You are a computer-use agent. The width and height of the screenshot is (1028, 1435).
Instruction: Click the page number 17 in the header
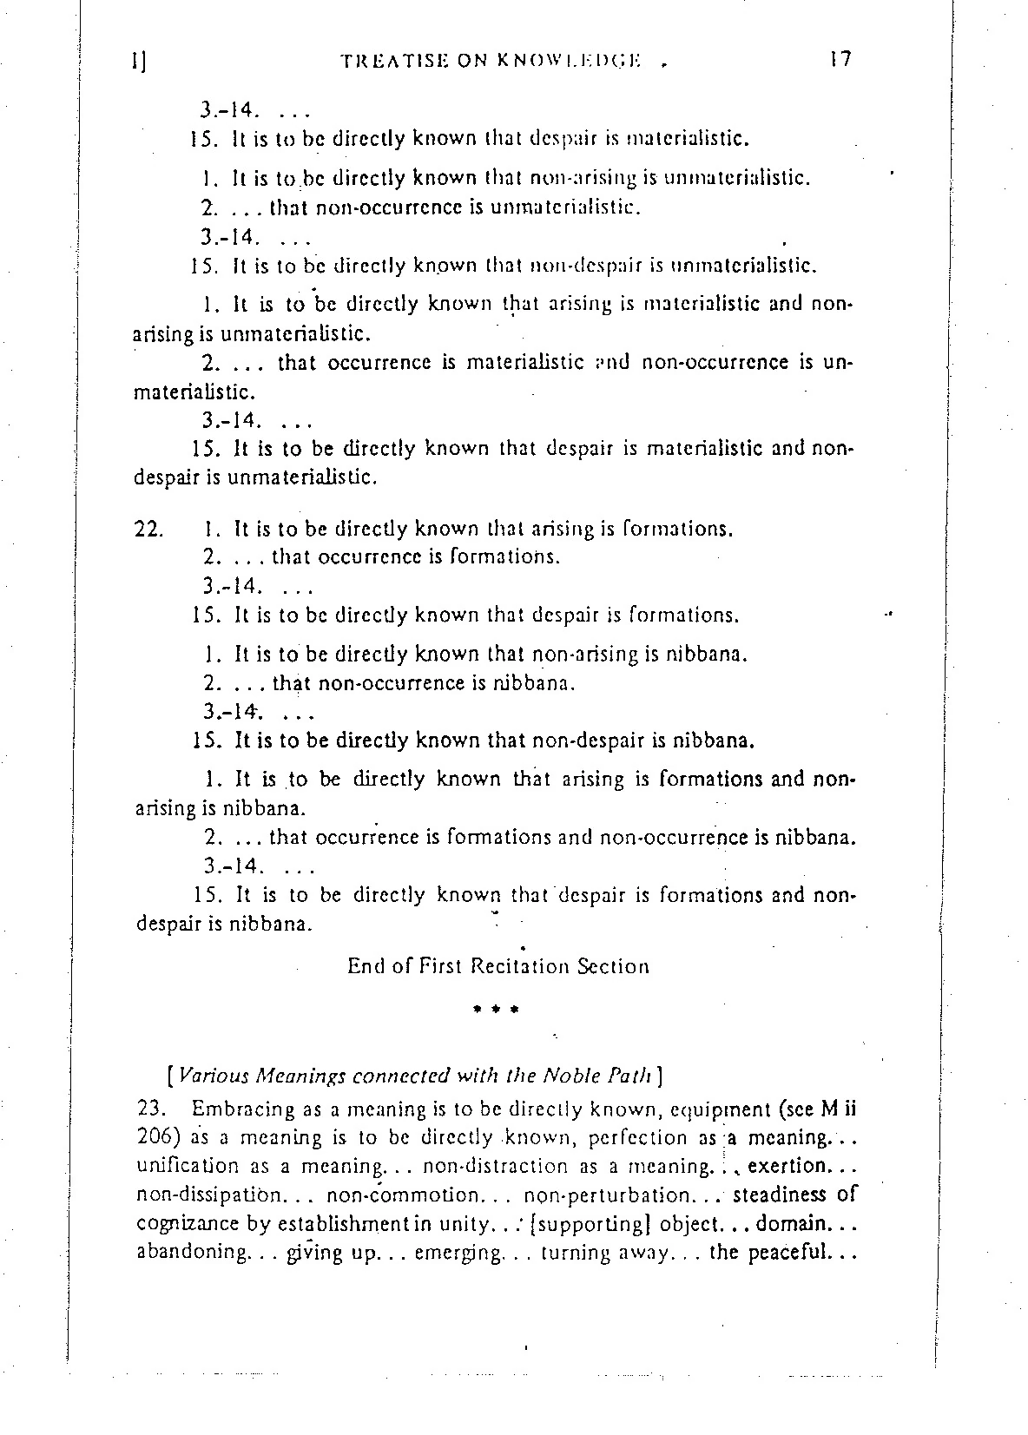tap(840, 59)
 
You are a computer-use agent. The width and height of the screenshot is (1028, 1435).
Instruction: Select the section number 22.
tap(148, 529)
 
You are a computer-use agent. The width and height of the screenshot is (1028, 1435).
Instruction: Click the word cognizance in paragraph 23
tap(182, 1224)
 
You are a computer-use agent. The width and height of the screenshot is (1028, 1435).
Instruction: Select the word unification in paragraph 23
tap(188, 1166)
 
